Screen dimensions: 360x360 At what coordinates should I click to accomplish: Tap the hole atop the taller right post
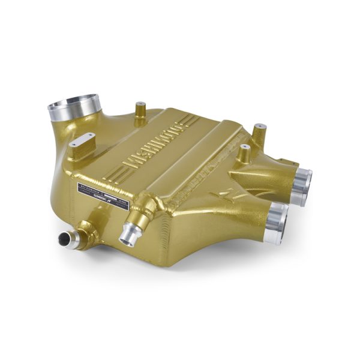[260, 126]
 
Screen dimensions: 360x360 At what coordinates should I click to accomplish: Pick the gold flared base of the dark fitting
[84, 231]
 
